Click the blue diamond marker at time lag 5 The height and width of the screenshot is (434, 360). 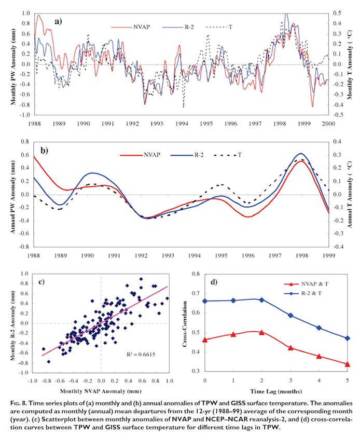pos(347,338)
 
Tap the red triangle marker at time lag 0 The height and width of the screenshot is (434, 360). pos(205,340)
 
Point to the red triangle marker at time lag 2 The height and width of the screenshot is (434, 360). pos(262,332)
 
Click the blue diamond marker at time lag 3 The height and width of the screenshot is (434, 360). pos(290,315)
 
